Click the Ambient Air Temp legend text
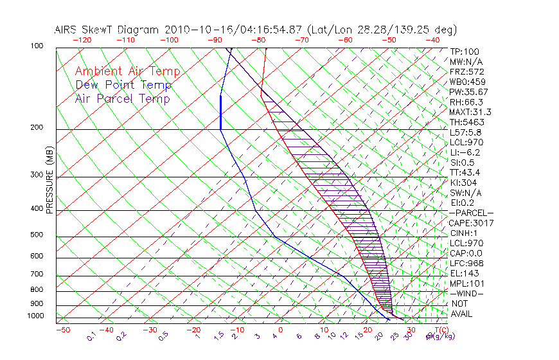127,71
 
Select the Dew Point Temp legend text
123,85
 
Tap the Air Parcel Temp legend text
122,98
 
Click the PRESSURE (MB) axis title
50,181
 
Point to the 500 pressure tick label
37,235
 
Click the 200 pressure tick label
37,128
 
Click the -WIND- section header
467,293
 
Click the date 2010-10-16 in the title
195,30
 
